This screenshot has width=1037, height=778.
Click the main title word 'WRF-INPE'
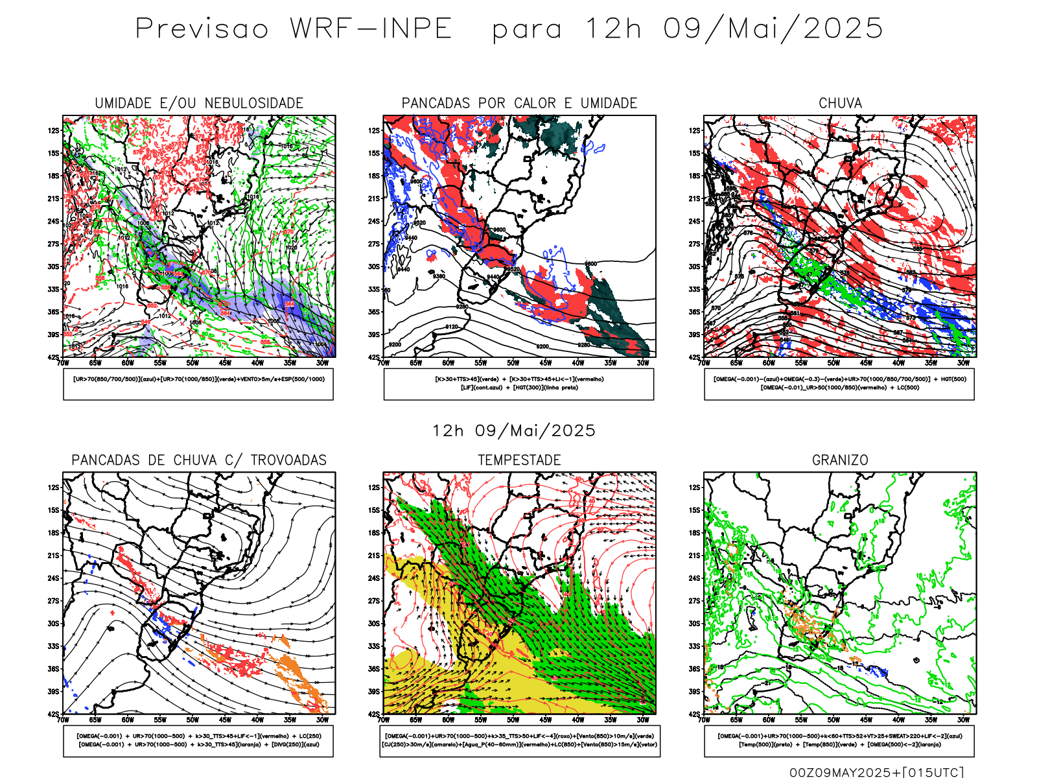click(x=371, y=29)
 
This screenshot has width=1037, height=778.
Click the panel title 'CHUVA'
click(x=840, y=103)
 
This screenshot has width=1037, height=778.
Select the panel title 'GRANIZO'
click(x=840, y=460)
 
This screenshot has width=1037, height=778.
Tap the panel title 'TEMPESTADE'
click(x=519, y=460)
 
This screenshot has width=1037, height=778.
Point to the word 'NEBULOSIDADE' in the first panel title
click(x=254, y=103)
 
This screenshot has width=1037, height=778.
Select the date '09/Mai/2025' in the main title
click(x=773, y=29)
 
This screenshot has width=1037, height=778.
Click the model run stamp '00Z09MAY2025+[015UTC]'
click(x=876, y=772)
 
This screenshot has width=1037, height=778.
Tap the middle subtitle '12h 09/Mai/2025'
click(x=514, y=430)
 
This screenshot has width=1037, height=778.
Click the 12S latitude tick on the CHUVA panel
click(x=695, y=130)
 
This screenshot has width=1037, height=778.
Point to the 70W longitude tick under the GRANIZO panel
click(x=705, y=720)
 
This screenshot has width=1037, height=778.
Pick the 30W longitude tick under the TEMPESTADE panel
click(x=642, y=720)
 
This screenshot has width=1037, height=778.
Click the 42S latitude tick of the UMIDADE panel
click(x=53, y=357)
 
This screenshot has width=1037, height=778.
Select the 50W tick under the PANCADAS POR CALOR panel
click(x=513, y=363)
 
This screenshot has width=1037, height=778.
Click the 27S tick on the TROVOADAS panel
click(x=53, y=601)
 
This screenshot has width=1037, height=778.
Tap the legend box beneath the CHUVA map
click(x=839, y=384)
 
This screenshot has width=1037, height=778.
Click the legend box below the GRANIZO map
click(x=839, y=740)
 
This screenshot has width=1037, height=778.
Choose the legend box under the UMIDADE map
click(x=198, y=384)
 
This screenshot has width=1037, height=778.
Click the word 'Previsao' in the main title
click(x=202, y=29)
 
